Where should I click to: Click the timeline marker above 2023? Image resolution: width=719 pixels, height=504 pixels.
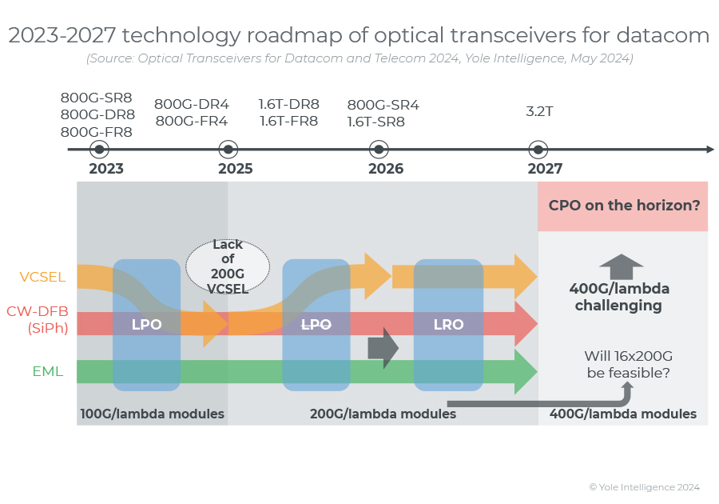99,150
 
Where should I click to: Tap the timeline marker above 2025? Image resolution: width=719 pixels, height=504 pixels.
228,150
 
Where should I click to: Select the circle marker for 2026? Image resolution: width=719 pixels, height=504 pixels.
379,150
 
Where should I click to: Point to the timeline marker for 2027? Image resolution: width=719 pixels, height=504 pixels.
538,150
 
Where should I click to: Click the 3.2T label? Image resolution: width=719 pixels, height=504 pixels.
539,111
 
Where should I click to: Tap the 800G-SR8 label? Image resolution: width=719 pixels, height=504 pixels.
97,98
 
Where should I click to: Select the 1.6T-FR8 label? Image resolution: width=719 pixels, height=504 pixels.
288,122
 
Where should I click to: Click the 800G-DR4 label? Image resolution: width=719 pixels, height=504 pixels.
192,104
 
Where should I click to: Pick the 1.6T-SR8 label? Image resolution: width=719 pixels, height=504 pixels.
375,122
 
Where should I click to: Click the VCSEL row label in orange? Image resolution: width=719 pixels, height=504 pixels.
43,278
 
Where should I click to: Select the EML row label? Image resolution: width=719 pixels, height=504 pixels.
48,371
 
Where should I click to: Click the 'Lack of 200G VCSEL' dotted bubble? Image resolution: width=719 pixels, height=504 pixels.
228,267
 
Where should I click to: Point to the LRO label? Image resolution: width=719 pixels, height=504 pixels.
448,325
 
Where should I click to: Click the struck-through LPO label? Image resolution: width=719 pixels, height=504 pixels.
316,325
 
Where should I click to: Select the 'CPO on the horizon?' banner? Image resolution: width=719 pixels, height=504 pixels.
623,205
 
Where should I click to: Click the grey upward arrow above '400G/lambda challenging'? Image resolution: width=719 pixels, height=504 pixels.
621,266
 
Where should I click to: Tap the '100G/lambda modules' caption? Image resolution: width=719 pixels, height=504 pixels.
152,414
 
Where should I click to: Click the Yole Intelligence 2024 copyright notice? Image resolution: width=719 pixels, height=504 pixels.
644,486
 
